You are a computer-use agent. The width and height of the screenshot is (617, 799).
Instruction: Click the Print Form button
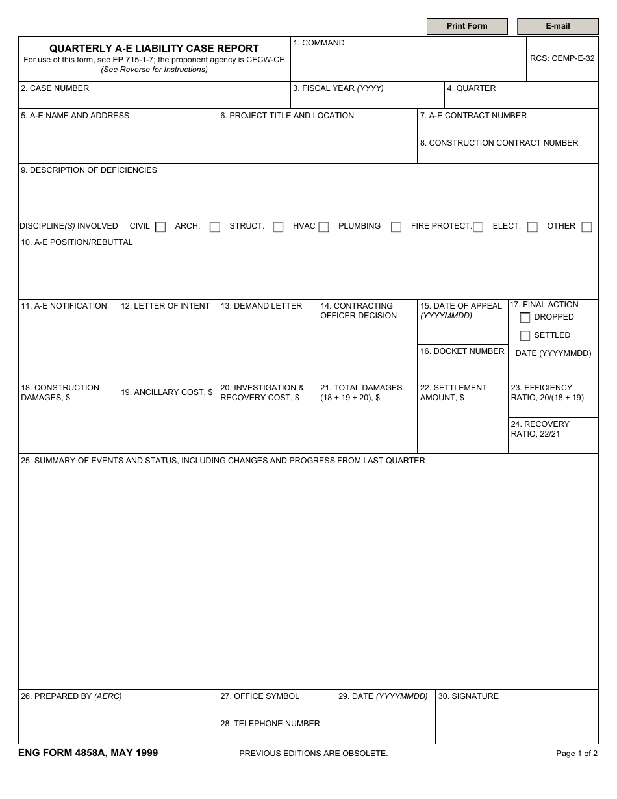click(x=466, y=27)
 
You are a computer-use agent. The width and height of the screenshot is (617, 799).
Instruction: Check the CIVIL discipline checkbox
click(x=160, y=227)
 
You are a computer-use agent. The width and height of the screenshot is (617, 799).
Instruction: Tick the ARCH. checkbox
click(x=215, y=227)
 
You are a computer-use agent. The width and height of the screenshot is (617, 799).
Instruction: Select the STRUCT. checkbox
click(x=278, y=227)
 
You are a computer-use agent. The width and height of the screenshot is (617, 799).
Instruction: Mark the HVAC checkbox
click(x=323, y=227)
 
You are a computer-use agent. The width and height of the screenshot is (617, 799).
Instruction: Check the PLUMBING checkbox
click(x=396, y=227)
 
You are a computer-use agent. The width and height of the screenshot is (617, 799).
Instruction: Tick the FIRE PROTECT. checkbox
click(x=478, y=227)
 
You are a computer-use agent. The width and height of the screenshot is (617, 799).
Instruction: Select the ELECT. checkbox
click(x=533, y=227)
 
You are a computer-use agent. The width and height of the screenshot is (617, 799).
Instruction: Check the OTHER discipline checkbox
click(x=586, y=227)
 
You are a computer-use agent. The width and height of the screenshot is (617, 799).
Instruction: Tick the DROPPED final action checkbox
click(x=525, y=318)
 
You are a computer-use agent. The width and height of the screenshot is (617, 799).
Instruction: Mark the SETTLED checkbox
click(x=525, y=336)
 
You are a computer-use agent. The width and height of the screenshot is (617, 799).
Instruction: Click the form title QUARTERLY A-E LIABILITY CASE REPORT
click(x=154, y=49)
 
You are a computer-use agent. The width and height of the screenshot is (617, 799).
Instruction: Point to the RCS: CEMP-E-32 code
click(x=562, y=58)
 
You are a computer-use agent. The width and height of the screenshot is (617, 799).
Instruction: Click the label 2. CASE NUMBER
click(x=55, y=88)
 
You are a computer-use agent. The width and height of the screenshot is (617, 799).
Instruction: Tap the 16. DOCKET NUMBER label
click(x=462, y=351)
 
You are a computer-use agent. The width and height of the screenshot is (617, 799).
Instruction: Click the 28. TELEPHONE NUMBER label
click(x=270, y=724)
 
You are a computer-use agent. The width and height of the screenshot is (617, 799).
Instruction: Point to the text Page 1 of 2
click(x=577, y=754)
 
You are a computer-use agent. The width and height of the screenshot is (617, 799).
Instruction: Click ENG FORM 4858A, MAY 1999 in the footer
click(x=88, y=753)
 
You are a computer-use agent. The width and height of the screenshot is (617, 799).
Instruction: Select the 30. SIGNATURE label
click(x=468, y=696)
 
